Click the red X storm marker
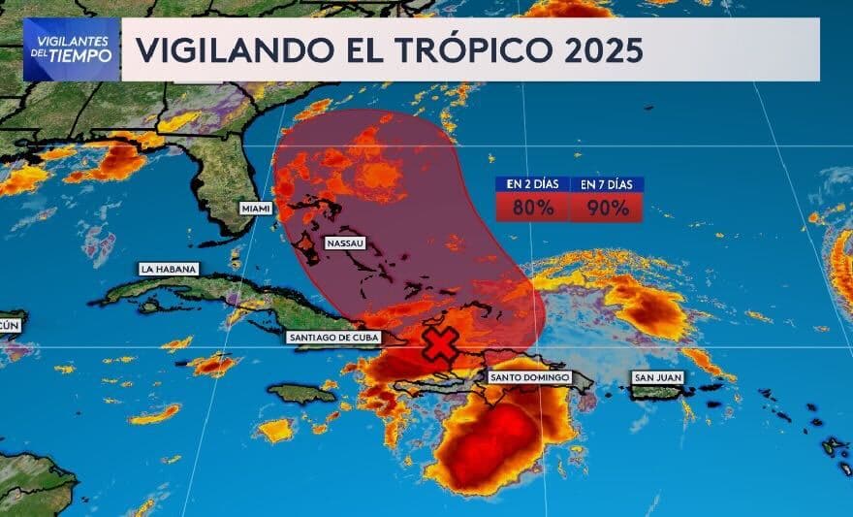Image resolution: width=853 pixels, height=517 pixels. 441,343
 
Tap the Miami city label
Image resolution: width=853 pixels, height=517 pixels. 257,209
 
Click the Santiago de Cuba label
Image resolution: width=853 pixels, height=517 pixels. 331,338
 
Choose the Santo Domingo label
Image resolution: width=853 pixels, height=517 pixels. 528,376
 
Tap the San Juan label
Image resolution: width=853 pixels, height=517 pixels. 656,376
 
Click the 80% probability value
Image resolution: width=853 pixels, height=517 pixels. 531,208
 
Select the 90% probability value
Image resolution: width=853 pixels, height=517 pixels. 606,208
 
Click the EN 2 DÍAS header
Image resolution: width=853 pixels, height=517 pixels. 531,184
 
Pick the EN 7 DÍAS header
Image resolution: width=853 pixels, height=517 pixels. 606,184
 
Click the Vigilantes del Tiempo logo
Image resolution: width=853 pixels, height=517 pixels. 73,49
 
